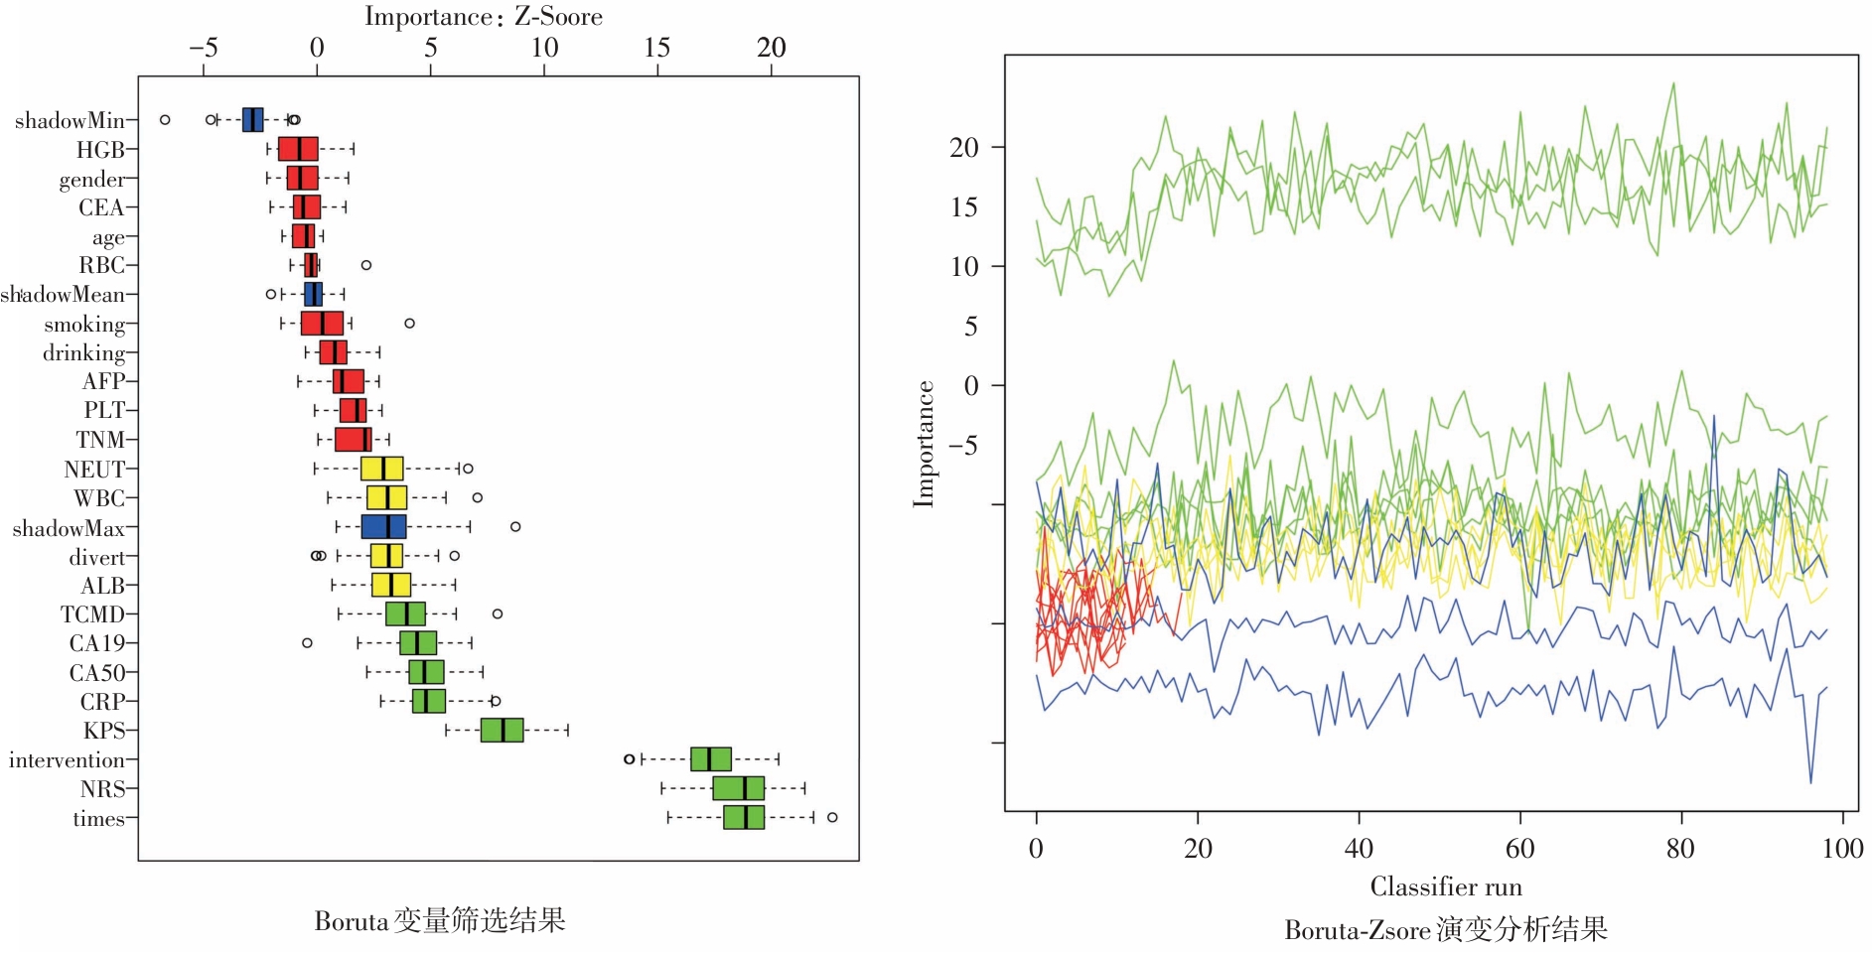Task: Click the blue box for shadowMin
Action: coord(253,119)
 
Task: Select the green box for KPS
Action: coord(502,731)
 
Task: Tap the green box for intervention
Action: coord(711,759)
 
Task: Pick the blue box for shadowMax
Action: coord(383,527)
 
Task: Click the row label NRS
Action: coord(103,789)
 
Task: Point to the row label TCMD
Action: coord(92,614)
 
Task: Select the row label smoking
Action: coord(84,325)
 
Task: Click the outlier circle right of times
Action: coord(832,817)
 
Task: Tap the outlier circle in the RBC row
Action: coord(366,265)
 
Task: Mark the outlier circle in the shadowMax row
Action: coord(515,526)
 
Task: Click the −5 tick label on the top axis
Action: coord(204,48)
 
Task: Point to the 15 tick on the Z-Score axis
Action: coord(656,48)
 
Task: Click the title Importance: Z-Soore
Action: coord(484,16)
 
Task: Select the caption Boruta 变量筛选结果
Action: coord(440,921)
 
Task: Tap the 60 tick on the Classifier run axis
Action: coord(1519,848)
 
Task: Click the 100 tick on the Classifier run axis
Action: coord(1842,848)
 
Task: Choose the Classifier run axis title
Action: coord(1445,886)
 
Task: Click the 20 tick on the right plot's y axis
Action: coord(964,148)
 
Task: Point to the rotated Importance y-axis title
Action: coord(925,444)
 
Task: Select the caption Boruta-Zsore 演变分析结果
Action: coord(1445,930)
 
